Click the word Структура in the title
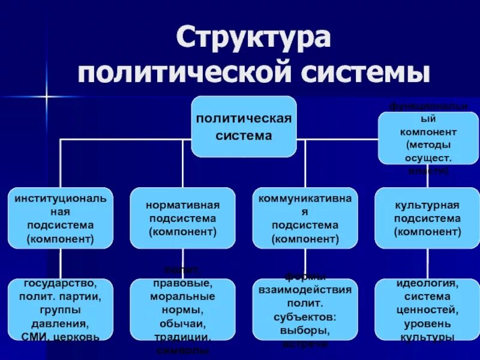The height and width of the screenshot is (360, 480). click(x=253, y=38)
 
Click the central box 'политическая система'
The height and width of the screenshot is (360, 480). click(x=244, y=126)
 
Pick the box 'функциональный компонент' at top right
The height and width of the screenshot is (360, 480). click(x=428, y=138)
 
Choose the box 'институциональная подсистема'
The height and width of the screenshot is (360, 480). click(x=60, y=218)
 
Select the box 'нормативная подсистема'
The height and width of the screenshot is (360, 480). click(x=182, y=218)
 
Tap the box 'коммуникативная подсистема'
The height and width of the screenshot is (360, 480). click(x=305, y=218)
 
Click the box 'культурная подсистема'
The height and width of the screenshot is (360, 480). click(x=427, y=218)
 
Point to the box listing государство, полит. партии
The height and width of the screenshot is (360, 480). click(x=60, y=309)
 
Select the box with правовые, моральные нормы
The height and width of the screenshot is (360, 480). click(x=182, y=309)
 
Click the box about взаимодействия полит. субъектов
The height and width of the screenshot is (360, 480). click(x=305, y=309)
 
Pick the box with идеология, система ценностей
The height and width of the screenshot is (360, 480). click(x=427, y=309)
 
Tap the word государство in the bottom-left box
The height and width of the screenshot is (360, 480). click(x=60, y=283)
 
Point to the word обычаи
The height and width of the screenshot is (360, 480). click(x=182, y=323)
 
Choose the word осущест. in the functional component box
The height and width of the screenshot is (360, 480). click(x=428, y=158)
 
